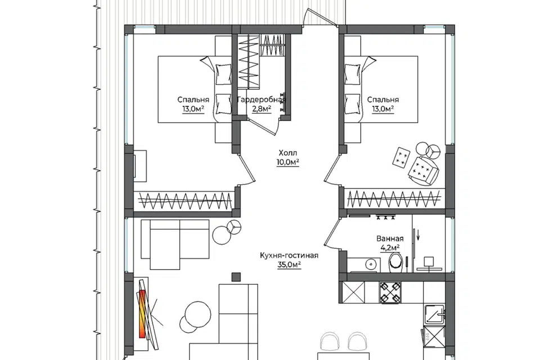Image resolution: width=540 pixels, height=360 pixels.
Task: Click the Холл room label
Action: [287, 152]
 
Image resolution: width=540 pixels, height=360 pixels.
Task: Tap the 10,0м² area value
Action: [287, 162]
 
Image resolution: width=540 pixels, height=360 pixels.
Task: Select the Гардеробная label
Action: [262, 100]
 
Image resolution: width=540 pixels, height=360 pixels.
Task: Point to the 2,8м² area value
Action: [262, 109]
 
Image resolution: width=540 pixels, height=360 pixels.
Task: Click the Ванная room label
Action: [390, 238]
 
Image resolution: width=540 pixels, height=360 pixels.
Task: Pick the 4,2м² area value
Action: [390, 247]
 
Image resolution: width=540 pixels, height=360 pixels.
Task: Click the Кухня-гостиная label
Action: [289, 255]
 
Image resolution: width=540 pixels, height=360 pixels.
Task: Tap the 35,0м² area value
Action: [289, 265]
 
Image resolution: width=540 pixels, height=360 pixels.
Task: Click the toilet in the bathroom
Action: [397, 262]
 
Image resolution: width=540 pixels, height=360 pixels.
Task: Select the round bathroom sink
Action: [371, 264]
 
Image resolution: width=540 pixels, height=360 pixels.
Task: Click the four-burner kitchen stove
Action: [390, 292]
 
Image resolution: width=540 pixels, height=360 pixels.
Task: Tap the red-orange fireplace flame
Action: [142, 313]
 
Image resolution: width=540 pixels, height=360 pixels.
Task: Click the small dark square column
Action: [236, 277]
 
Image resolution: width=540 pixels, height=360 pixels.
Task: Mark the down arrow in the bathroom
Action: [418, 235]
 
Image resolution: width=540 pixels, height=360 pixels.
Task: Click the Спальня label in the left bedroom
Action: [193, 100]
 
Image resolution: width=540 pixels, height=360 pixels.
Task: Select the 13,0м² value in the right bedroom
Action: [382, 109]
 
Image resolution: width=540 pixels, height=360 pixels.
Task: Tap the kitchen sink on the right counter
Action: [435, 314]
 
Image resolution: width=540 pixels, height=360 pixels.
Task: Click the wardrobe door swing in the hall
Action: [264, 125]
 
